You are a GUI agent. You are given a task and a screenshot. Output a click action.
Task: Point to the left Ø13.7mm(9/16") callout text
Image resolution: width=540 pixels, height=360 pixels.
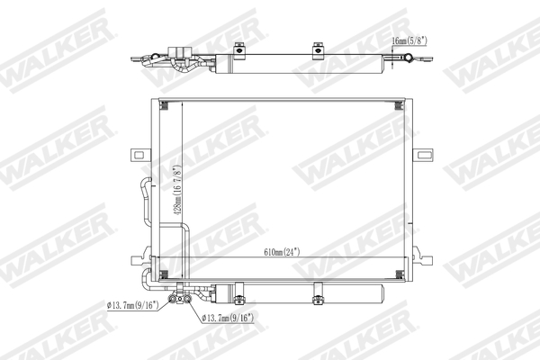[132, 306]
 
